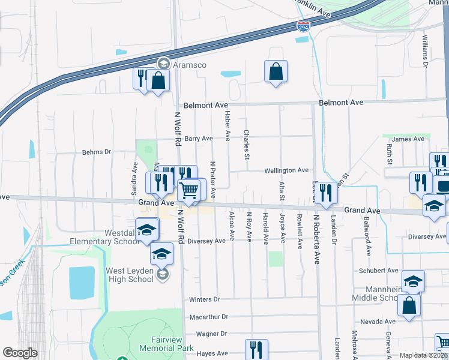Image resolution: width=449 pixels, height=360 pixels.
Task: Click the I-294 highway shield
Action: point(304,26)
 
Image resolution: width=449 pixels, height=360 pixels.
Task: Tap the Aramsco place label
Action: point(189,64)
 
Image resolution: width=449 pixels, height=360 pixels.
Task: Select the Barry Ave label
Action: point(199,139)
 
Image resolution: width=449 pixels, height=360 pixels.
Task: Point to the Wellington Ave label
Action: point(287,170)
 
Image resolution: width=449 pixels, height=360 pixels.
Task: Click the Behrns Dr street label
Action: point(97,152)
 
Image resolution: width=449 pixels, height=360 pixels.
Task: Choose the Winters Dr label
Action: point(205,299)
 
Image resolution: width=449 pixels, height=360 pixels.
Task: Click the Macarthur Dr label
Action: point(208,316)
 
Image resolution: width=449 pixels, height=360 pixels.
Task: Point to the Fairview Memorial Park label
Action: point(166,344)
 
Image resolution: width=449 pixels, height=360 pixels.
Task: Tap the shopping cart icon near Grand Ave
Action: point(189,191)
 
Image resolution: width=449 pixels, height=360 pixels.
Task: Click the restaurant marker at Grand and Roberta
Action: point(326,193)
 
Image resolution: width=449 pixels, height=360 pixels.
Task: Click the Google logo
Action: point(20,353)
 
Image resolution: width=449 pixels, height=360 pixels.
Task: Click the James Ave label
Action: point(408,139)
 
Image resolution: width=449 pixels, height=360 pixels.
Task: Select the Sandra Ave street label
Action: point(134,173)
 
